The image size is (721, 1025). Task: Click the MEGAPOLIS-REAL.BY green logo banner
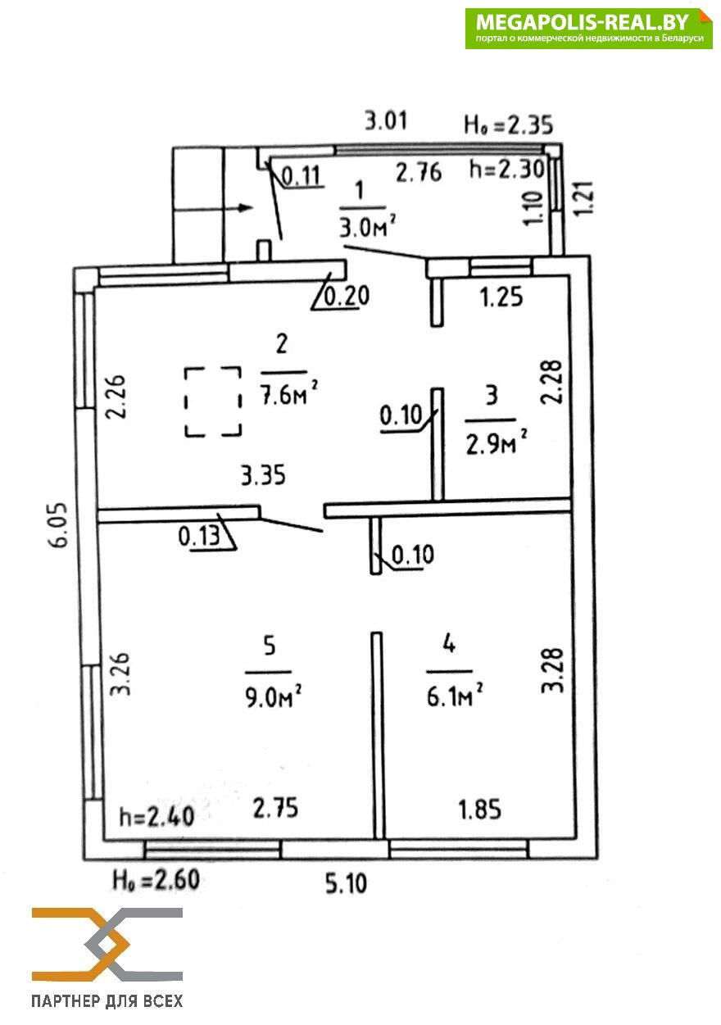click(588, 29)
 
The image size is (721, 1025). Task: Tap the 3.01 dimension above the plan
click(386, 122)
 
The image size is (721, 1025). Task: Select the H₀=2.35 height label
click(508, 125)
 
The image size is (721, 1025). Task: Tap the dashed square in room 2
click(212, 401)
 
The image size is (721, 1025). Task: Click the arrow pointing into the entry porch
click(214, 208)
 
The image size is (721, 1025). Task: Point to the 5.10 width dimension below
click(347, 884)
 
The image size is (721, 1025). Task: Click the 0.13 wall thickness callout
click(200, 538)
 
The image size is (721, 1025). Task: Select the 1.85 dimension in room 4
click(478, 810)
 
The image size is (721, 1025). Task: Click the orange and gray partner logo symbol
click(107, 944)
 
